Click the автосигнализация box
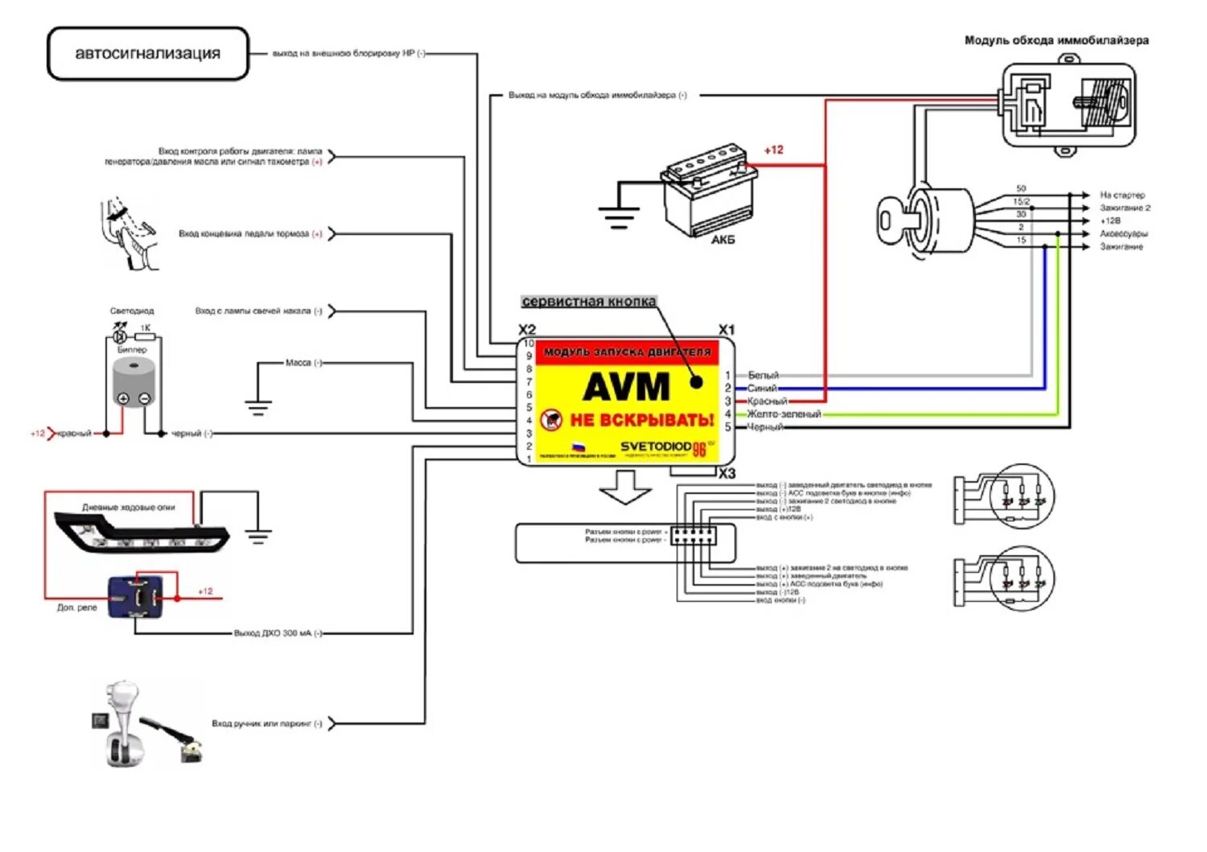(148, 54)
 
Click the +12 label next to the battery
(773, 150)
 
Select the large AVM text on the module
(626, 387)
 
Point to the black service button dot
(697, 382)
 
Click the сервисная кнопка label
(589, 302)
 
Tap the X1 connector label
(727, 330)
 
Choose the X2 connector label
(527, 330)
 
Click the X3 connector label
(727, 474)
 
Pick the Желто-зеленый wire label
(784, 414)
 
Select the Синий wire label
(762, 389)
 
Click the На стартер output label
(1123, 196)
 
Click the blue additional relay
(142, 597)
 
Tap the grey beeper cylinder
(134, 383)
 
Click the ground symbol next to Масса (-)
(257, 405)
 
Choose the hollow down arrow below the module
(626, 487)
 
